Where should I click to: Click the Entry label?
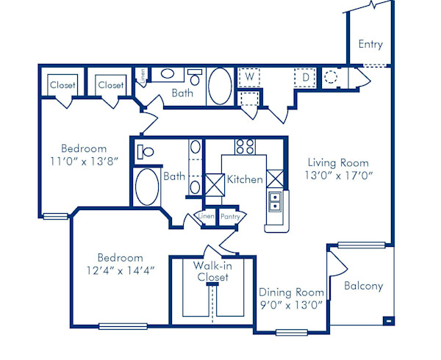[370, 44]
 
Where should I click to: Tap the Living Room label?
[338, 162]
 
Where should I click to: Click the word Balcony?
[363, 286]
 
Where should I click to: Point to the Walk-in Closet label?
[212, 271]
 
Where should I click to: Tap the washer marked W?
[249, 76]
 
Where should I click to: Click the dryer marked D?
[304, 76]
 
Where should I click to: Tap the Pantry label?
[230, 217]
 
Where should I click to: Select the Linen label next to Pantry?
[206, 217]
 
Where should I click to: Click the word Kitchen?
[245, 179]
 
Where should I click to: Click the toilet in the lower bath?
[146, 153]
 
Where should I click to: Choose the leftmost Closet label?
[62, 85]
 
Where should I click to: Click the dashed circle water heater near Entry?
[330, 76]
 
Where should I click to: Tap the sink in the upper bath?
[168, 74]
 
